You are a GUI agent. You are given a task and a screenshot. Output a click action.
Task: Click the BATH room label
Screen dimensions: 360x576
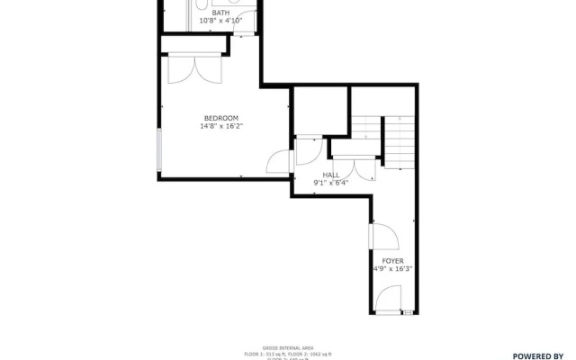click(220, 12)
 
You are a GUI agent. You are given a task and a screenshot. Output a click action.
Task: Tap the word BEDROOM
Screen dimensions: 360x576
click(220, 119)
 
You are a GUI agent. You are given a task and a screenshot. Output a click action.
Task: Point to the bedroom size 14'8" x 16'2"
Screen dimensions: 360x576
click(220, 127)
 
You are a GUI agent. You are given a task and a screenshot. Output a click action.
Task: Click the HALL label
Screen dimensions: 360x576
click(330, 175)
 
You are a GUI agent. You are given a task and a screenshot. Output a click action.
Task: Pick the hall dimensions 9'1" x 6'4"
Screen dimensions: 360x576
click(330, 184)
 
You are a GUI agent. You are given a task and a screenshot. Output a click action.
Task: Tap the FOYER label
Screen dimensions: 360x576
click(391, 260)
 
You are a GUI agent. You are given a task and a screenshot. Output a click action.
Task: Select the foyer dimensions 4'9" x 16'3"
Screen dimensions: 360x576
click(391, 268)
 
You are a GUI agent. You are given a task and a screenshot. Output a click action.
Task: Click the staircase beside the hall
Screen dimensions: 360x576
click(384, 141)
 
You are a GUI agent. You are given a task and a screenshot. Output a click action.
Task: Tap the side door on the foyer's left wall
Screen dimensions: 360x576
click(383, 236)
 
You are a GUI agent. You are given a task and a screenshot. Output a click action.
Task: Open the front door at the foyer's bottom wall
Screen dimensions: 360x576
click(390, 300)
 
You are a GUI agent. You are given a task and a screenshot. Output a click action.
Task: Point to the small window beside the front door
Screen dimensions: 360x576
click(408, 312)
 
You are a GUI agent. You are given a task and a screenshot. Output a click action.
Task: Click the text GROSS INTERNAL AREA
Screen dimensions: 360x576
click(287, 347)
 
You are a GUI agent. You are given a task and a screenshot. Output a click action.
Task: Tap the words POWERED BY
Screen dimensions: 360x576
click(537, 355)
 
